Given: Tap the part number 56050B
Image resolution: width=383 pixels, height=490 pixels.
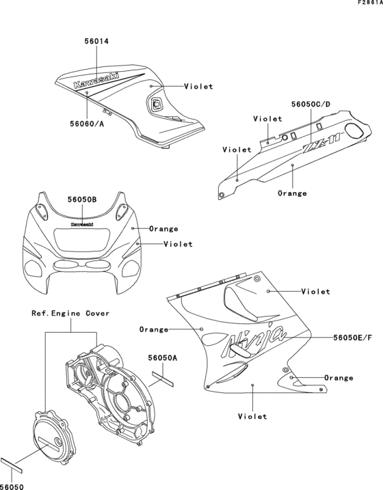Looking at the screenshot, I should [82, 200].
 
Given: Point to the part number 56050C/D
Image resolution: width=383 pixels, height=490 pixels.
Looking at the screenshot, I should [311, 104].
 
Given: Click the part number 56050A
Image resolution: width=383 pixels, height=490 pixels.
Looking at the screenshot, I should [163, 357].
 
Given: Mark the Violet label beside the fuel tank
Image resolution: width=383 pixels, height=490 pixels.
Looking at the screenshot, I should [198, 87].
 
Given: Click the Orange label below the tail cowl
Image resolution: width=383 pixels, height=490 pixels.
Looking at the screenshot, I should [292, 193].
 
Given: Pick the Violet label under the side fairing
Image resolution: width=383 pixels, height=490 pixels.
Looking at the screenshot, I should [253, 416].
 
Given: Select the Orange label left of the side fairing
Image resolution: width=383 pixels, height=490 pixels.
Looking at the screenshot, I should [154, 329].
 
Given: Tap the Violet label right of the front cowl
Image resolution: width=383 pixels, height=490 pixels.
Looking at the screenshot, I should [178, 244].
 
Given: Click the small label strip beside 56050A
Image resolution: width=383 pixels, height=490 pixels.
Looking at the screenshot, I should [165, 376].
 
